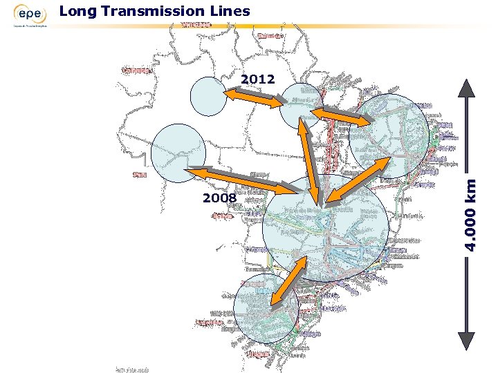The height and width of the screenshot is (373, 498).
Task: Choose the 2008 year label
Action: (219, 199)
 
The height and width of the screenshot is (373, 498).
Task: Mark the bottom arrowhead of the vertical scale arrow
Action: (467, 341)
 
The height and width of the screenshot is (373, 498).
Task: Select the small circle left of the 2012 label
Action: (208, 95)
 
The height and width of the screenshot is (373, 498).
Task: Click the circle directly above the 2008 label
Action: (178, 153)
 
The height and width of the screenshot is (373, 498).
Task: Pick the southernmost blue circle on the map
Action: (266, 308)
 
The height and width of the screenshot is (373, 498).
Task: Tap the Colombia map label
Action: (137, 70)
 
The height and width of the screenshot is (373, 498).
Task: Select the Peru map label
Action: (140, 175)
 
